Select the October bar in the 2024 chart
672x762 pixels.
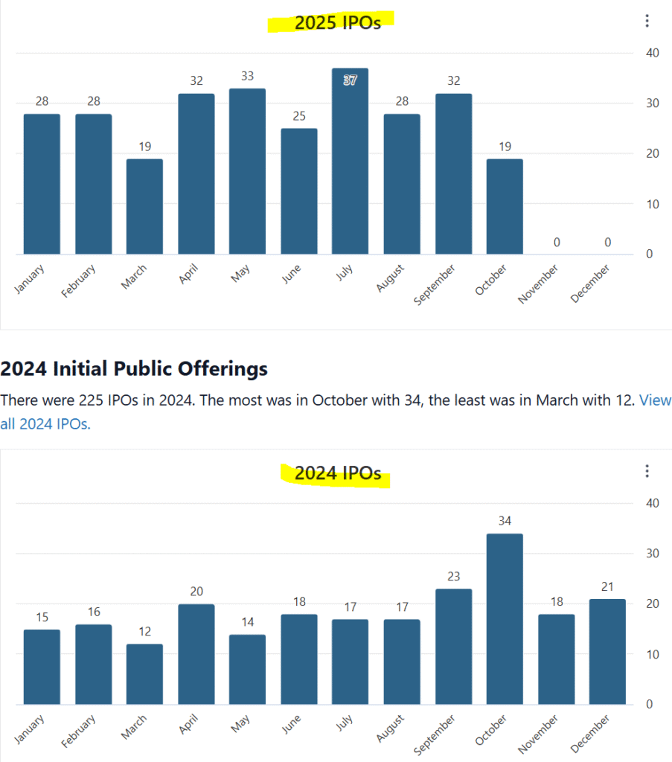pos(505,619)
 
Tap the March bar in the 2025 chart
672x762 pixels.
pos(144,207)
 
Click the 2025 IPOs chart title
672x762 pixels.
pos(337,22)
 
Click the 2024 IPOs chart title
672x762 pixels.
pos(337,473)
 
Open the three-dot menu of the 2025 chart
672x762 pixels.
pos(647,21)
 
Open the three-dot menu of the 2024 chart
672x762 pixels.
pos(647,471)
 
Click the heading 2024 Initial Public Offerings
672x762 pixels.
pos(134,368)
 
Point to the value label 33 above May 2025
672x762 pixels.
pos(247,77)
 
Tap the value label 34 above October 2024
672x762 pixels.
pos(505,521)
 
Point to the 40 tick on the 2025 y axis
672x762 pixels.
pos(651,53)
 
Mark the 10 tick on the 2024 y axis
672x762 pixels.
pos(651,655)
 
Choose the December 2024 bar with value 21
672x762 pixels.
pos(607,652)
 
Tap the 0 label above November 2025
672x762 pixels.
pos(556,242)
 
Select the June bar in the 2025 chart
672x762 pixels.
pos(298,191)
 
